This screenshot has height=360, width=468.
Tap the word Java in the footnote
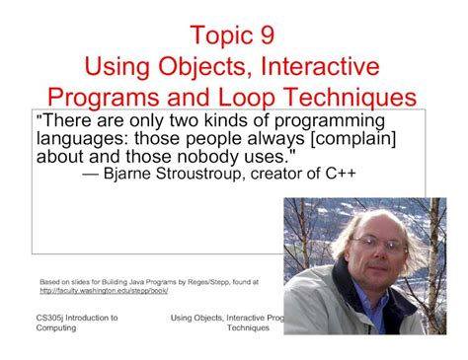(x=134, y=281)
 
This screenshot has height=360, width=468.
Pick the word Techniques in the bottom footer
(x=247, y=329)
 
